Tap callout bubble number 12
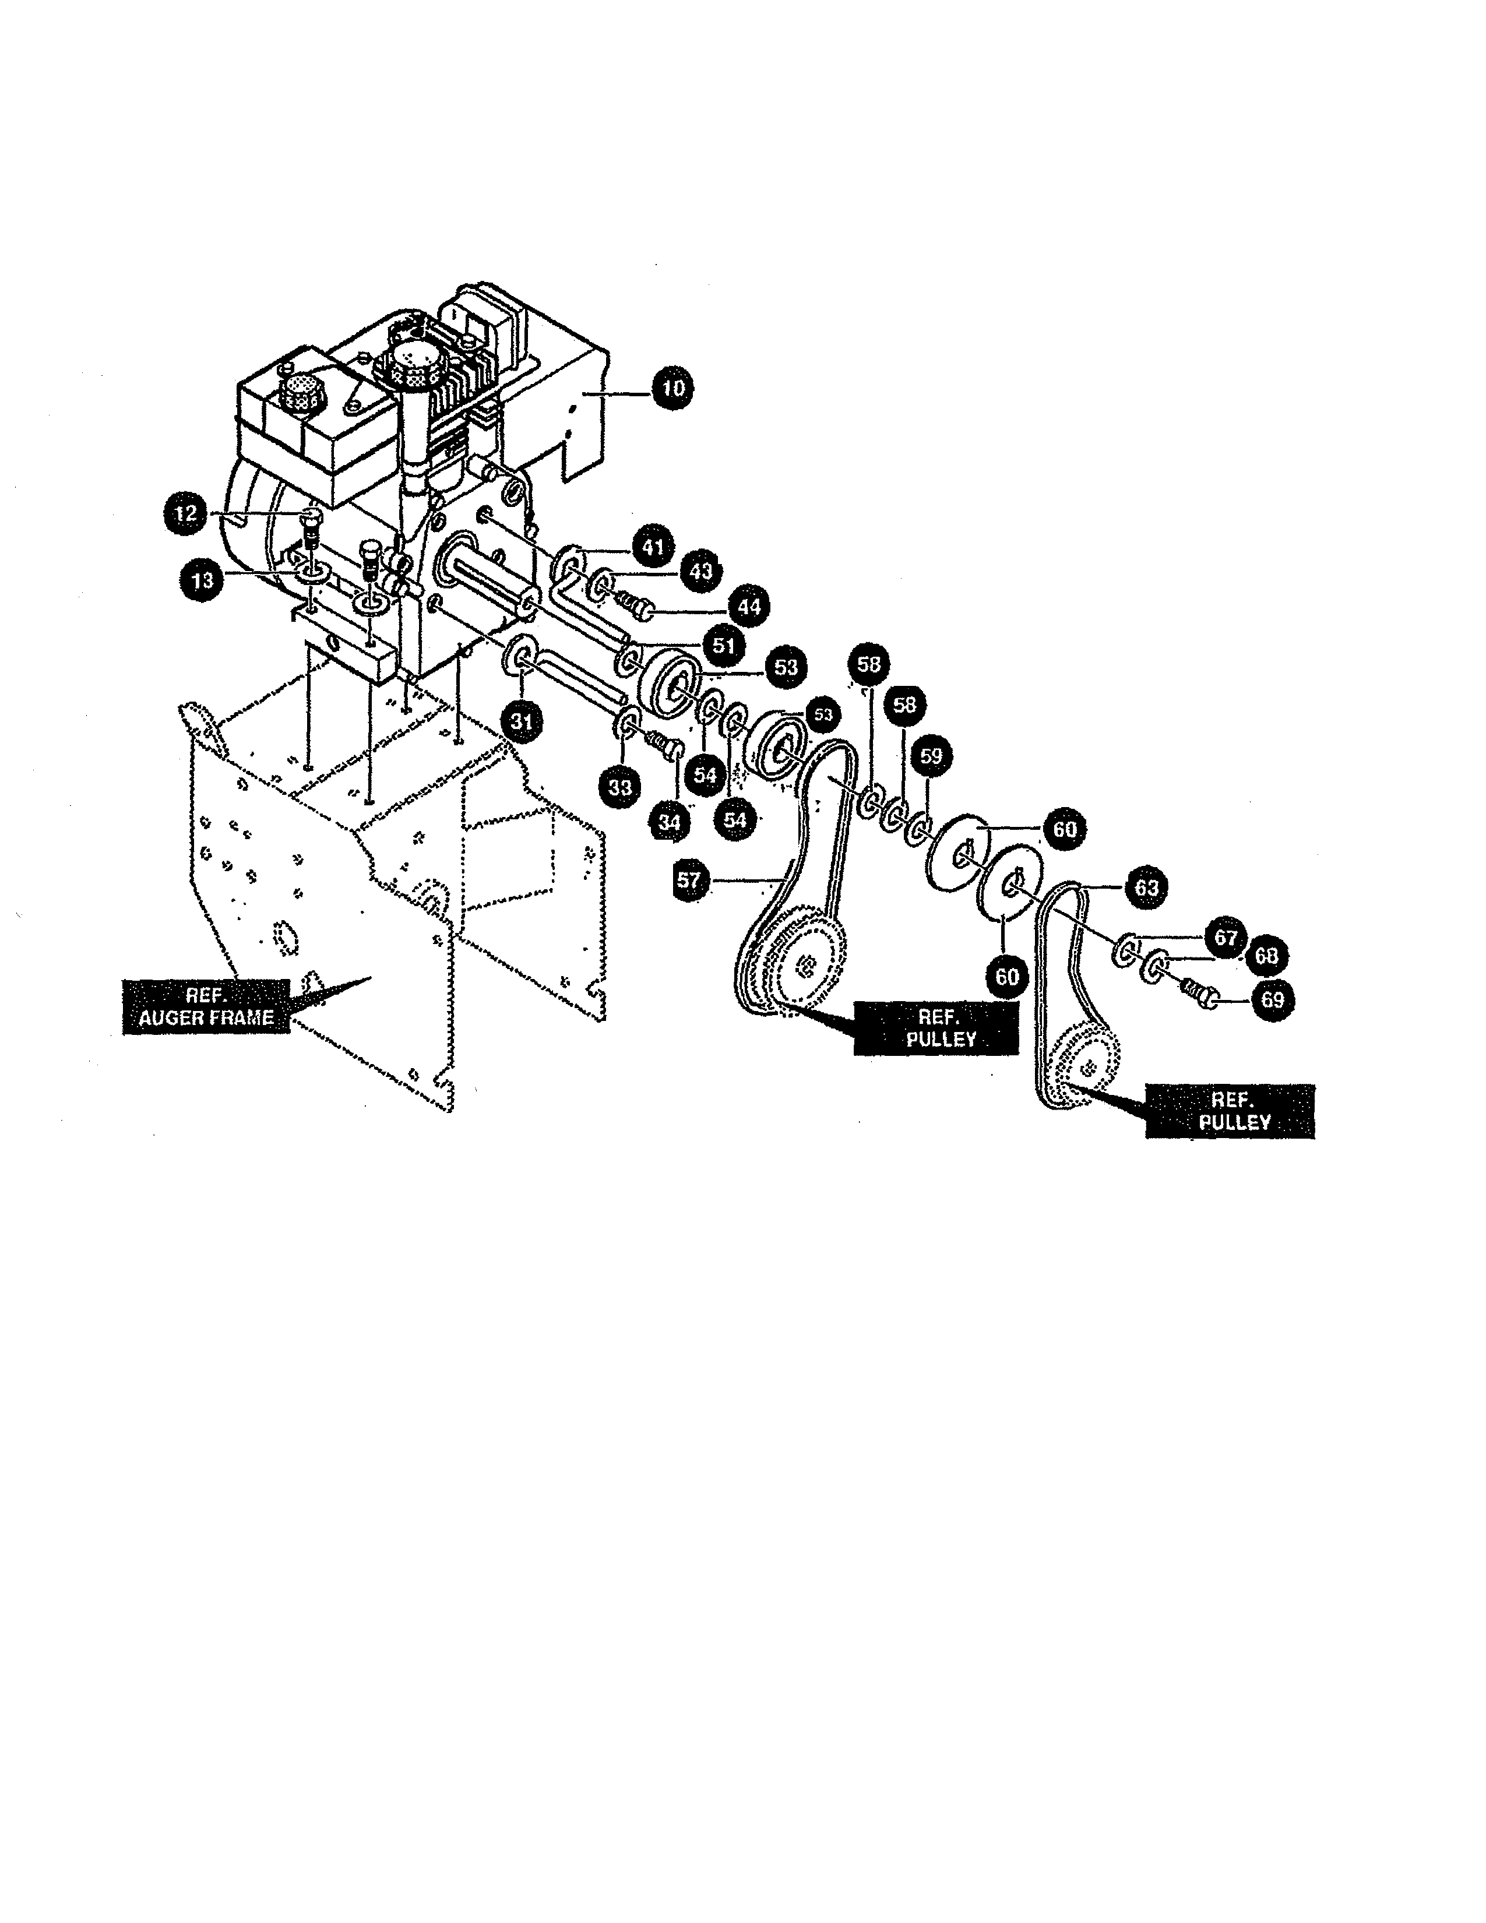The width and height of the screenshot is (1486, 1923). pyautogui.click(x=186, y=513)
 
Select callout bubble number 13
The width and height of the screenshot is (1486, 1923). pyautogui.click(x=202, y=581)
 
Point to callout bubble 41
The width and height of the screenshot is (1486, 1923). pyautogui.click(x=652, y=547)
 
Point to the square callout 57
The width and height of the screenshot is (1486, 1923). pyautogui.click(x=688, y=881)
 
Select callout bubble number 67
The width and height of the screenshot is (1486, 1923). pyautogui.click(x=1226, y=938)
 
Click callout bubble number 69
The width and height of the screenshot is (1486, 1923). pyautogui.click(x=1273, y=1000)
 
